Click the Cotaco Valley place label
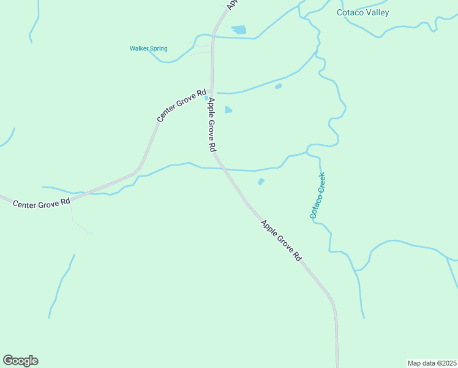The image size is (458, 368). [x=362, y=12]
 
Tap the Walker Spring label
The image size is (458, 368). [x=148, y=48]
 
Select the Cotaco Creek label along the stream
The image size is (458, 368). [x=317, y=196]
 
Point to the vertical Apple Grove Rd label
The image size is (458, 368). [x=212, y=125]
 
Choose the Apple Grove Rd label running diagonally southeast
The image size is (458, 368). [x=282, y=241]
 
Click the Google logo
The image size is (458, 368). [x=20, y=361]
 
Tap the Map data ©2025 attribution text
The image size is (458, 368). [x=432, y=362]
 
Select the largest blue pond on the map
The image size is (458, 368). [x=238, y=29]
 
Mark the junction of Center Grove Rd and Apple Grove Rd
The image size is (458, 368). [x=212, y=91]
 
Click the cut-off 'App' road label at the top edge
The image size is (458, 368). [x=231, y=4]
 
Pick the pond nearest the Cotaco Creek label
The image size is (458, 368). [x=261, y=181]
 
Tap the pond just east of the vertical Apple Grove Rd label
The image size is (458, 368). [x=228, y=110]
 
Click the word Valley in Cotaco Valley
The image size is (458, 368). [x=376, y=12]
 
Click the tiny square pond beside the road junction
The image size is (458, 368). [x=207, y=98]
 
